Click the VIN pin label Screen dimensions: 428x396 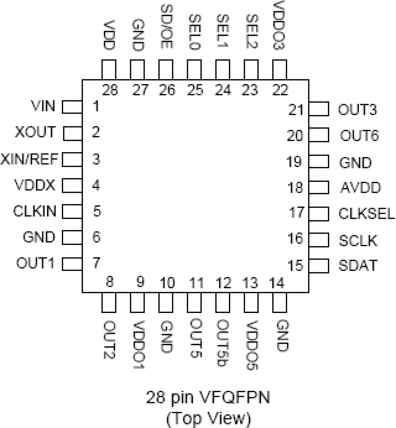click(x=43, y=106)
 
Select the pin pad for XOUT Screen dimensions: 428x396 click(x=73, y=133)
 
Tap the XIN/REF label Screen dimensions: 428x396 click(x=30, y=159)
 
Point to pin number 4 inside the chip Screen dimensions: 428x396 click(x=96, y=185)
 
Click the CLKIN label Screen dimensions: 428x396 click(x=35, y=211)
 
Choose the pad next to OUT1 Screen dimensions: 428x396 click(x=72, y=264)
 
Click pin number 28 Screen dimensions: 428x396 click(x=110, y=90)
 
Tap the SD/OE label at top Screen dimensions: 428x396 click(x=166, y=26)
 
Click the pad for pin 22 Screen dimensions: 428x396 click(x=279, y=70)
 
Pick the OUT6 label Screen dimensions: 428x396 click(x=359, y=136)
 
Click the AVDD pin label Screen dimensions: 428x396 click(x=360, y=188)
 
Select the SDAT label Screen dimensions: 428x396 click(x=358, y=265)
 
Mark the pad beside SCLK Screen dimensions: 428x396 click(x=319, y=240)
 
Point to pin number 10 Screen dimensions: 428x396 click(x=167, y=283)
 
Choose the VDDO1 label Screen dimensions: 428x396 click(x=138, y=345)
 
